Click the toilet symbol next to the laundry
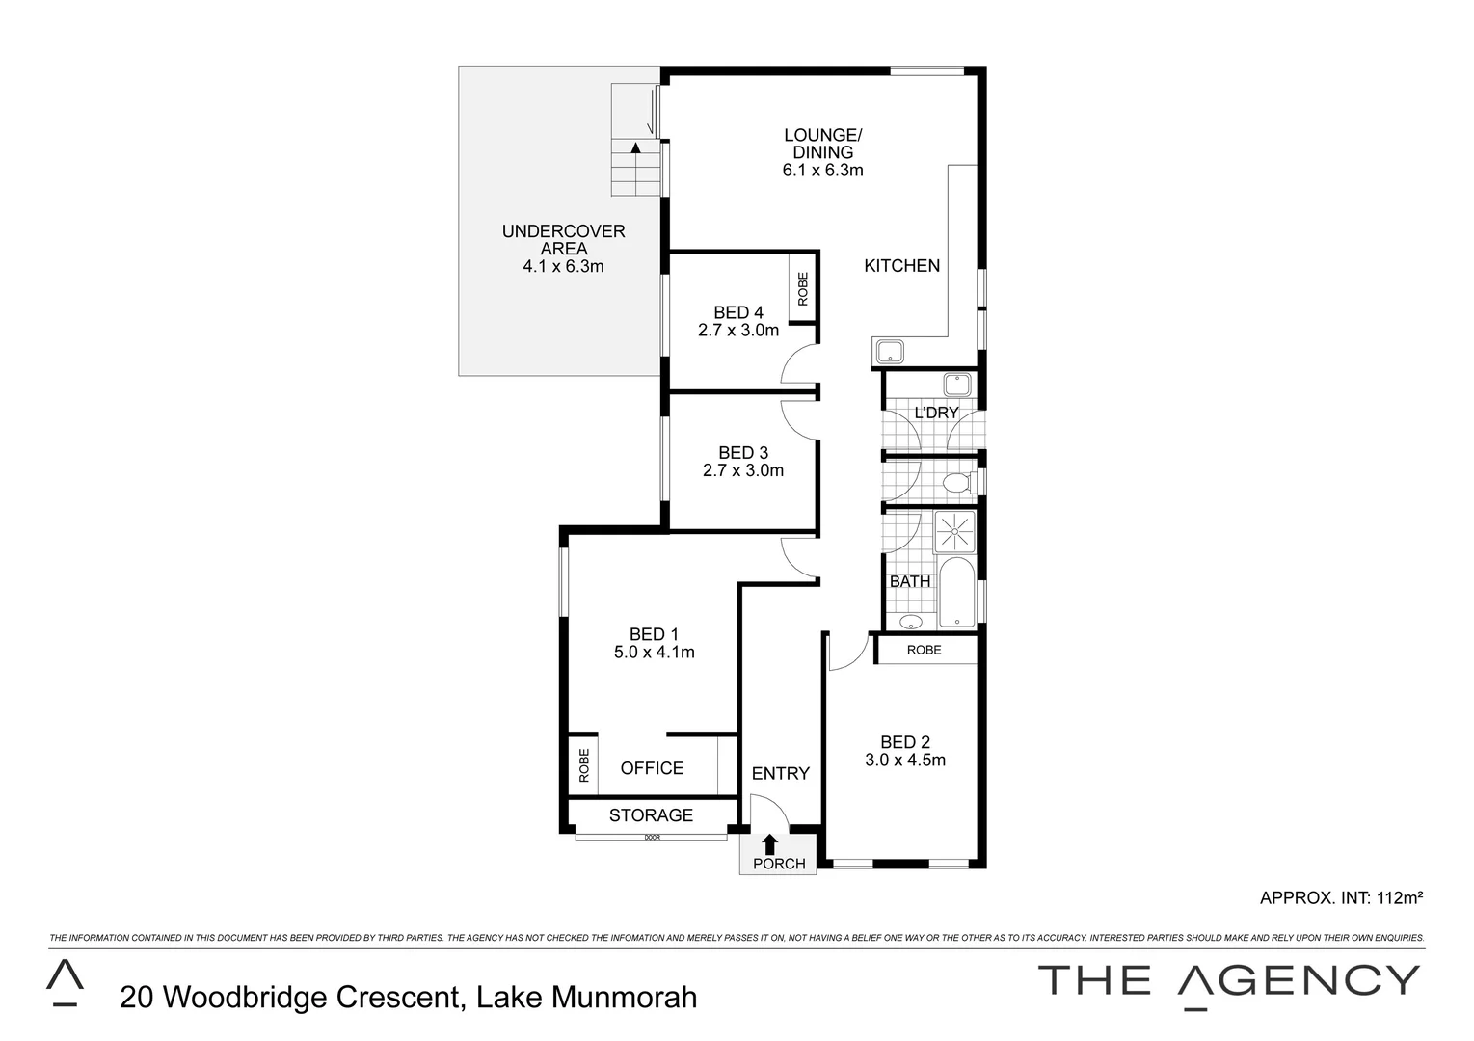[x=957, y=482]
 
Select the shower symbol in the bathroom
[x=954, y=531]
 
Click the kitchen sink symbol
[x=889, y=351]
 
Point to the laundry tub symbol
[x=958, y=384]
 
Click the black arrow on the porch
[x=769, y=843]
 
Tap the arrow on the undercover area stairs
[x=635, y=147]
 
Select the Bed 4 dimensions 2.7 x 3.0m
[x=738, y=330]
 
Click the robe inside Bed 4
[x=803, y=287]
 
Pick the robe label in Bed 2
[x=924, y=650]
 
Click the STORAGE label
[x=651, y=815]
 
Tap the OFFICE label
[x=652, y=768]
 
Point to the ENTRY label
[x=780, y=773]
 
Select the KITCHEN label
[x=901, y=266]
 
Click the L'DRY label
[x=936, y=413]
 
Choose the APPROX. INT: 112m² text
[x=1341, y=897]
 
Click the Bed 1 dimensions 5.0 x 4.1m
[x=654, y=652]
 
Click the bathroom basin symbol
[x=911, y=622]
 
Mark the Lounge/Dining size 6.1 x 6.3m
[x=822, y=171]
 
